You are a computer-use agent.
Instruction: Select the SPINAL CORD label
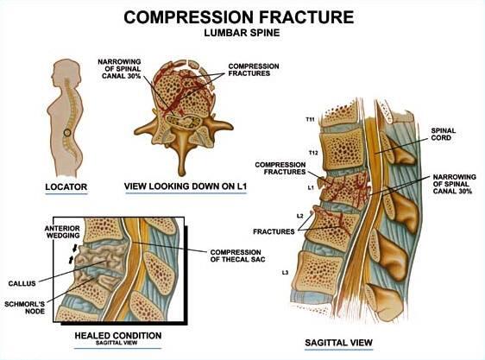tap(448, 136)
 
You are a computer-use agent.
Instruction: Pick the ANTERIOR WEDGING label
tap(37, 232)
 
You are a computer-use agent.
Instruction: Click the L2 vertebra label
tap(299, 215)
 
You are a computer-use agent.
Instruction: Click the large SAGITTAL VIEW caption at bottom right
tap(337, 344)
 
